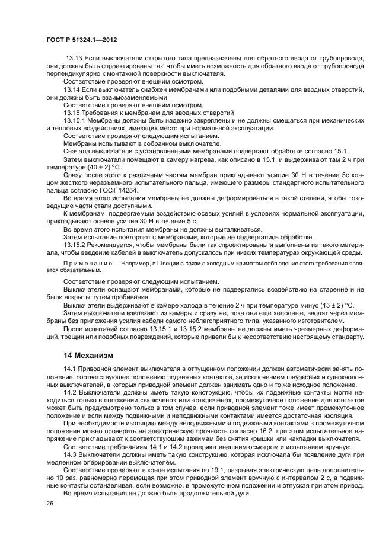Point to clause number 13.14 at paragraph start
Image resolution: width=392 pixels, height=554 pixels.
[x=73, y=88]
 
